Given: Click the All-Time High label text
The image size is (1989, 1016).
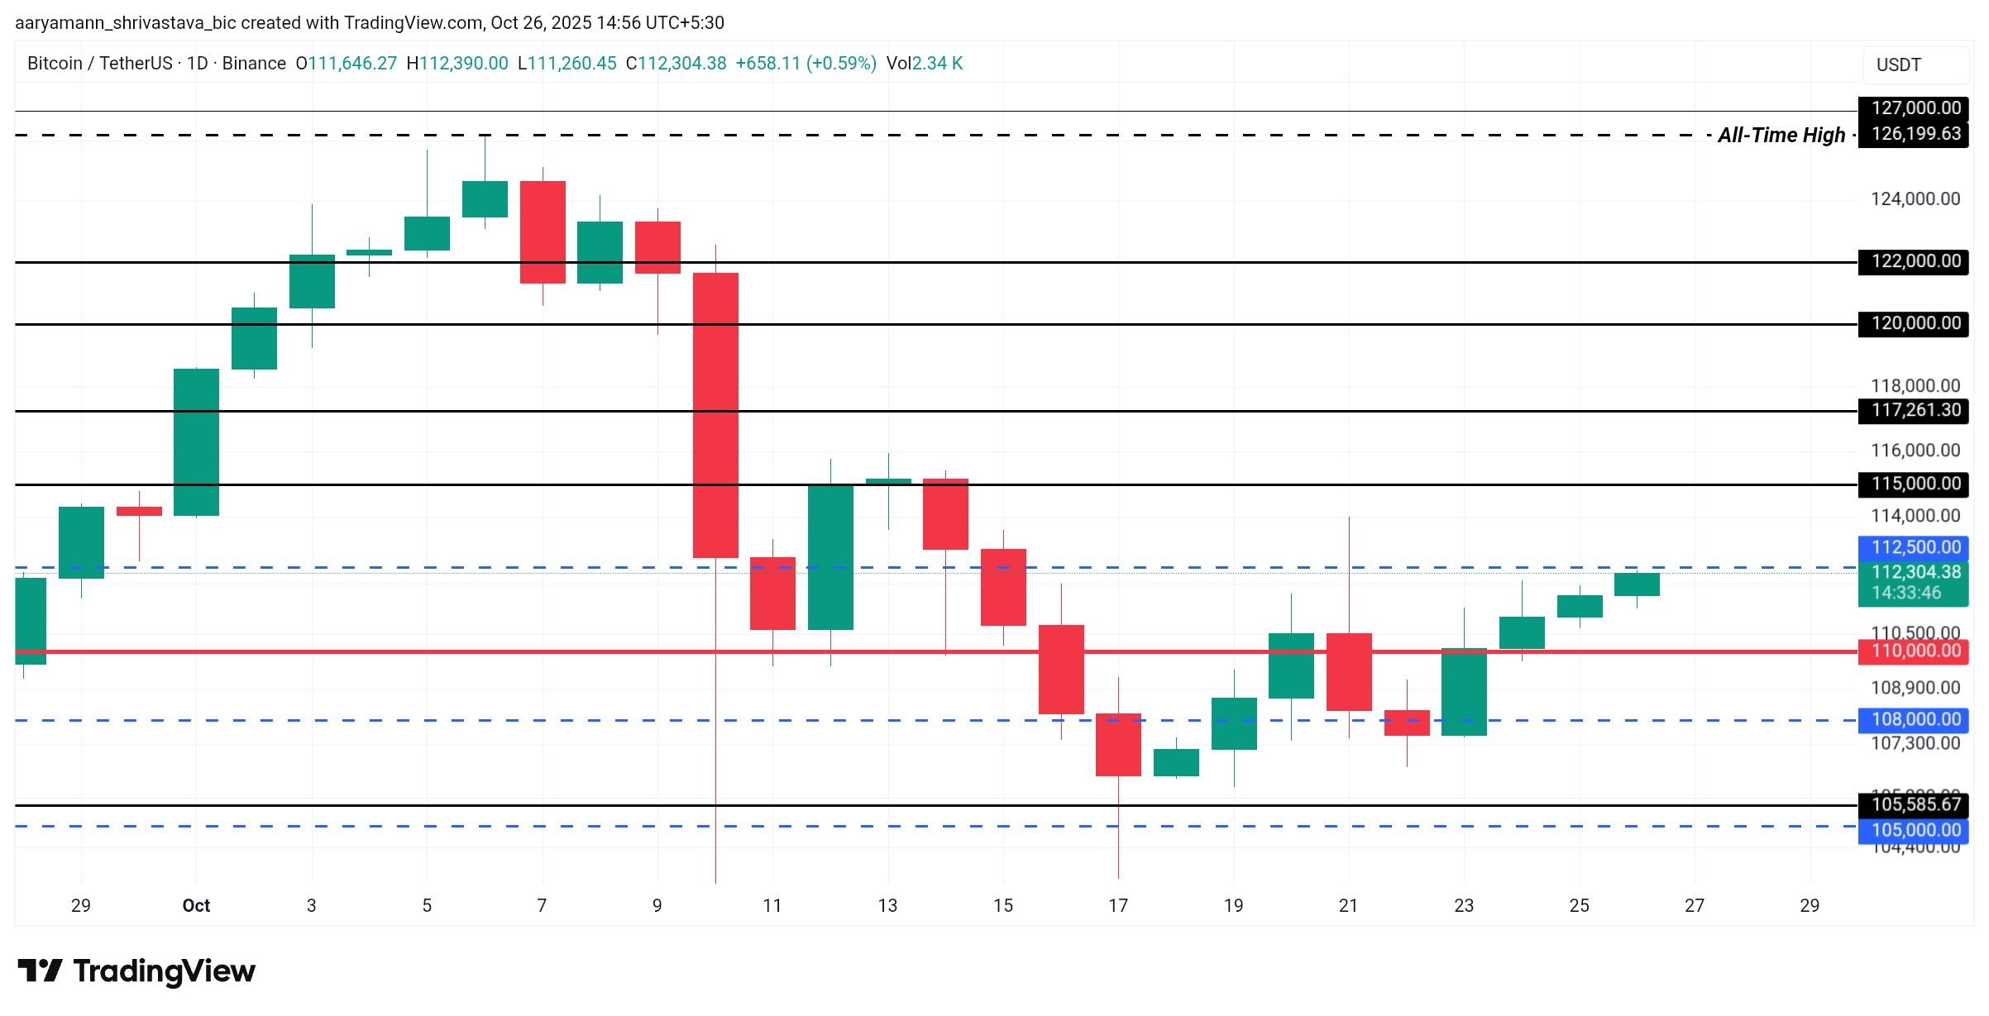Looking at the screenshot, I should pyautogui.click(x=1781, y=135).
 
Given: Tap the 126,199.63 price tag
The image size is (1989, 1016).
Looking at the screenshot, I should pyautogui.click(x=1915, y=134).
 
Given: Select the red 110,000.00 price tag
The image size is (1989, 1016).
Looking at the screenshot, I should pyautogui.click(x=1915, y=651).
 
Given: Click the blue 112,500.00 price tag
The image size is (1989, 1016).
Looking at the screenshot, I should pyautogui.click(x=1915, y=547).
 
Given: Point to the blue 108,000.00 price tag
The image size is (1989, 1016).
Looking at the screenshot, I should pyautogui.click(x=1915, y=719).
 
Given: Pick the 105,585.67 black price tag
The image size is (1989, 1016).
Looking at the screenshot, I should pyautogui.click(x=1915, y=804).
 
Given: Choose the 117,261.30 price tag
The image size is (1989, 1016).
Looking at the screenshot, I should pyautogui.click(x=1915, y=410).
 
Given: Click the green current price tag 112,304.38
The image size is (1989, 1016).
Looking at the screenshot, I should pyautogui.click(x=1915, y=582).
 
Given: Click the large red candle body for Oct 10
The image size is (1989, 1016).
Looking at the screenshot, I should pyautogui.click(x=715, y=415).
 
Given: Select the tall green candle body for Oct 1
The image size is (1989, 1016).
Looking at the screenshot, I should pyautogui.click(x=196, y=442).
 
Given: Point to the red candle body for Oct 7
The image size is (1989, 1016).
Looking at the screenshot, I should pyautogui.click(x=543, y=232).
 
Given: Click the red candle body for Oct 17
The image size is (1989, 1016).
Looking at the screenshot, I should pyautogui.click(x=1118, y=744).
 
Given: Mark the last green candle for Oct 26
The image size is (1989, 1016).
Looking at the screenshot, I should pyautogui.click(x=1637, y=584).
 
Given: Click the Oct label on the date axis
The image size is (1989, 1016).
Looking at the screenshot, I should pyautogui.click(x=196, y=905).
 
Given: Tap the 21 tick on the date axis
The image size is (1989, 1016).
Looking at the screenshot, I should pyautogui.click(x=1348, y=905).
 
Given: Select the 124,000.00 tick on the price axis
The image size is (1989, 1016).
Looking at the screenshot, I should pyautogui.click(x=1915, y=198).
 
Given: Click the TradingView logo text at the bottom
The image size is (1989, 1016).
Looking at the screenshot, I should pyautogui.click(x=164, y=971).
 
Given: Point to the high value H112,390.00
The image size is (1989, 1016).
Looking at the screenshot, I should pyautogui.click(x=457, y=64).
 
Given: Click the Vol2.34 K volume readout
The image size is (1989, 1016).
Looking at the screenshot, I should pyautogui.click(x=924, y=64).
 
